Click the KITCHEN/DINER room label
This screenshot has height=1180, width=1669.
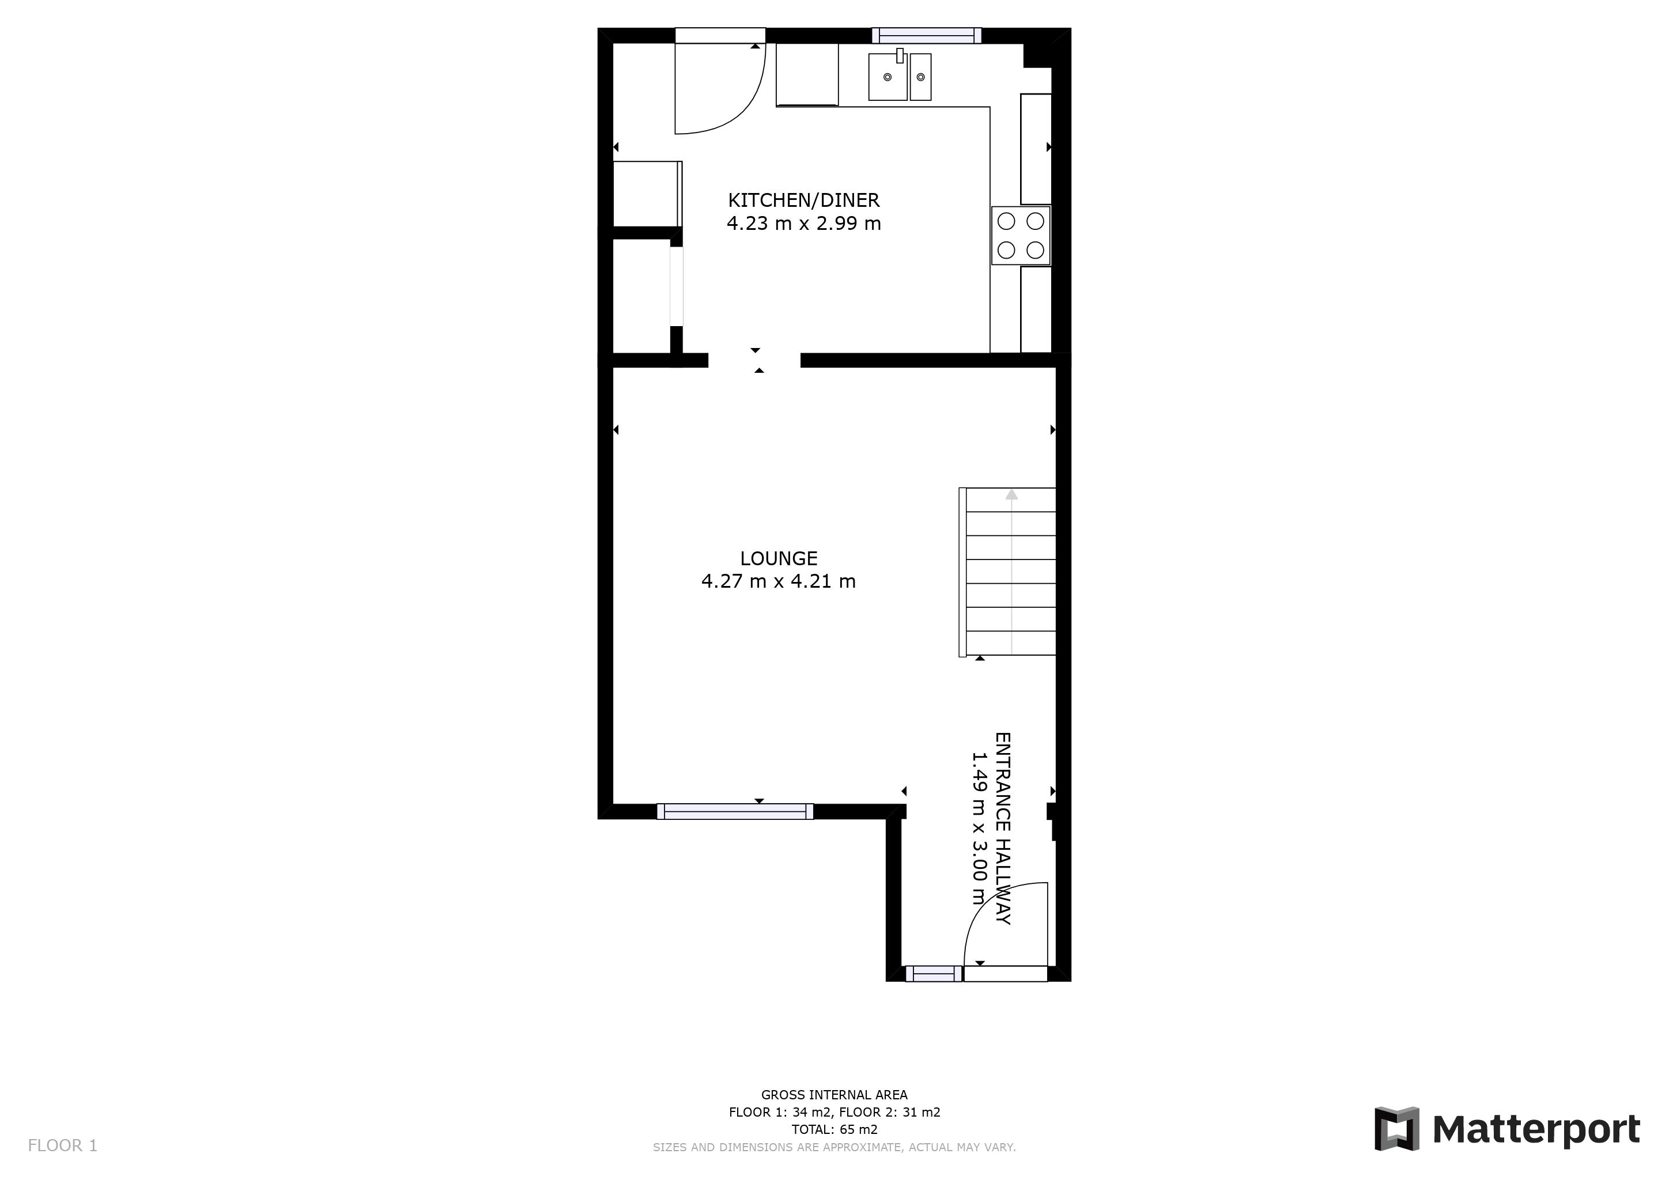(803, 200)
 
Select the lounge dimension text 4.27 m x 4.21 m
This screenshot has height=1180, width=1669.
(778, 581)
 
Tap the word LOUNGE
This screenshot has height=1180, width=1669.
(779, 558)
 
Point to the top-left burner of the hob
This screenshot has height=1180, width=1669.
(1006, 221)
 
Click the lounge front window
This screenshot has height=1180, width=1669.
(735, 812)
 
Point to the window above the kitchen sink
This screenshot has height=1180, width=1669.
(927, 36)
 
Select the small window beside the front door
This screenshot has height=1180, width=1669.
(934, 974)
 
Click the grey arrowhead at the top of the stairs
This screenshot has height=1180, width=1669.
(1011, 495)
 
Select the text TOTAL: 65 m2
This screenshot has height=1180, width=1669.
(834, 1129)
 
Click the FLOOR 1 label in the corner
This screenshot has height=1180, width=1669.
(62, 1146)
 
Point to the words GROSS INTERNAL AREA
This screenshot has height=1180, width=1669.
(834, 1094)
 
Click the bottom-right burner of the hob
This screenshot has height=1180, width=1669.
(1035, 250)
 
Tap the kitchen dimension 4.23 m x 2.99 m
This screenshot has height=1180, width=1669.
(803, 223)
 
